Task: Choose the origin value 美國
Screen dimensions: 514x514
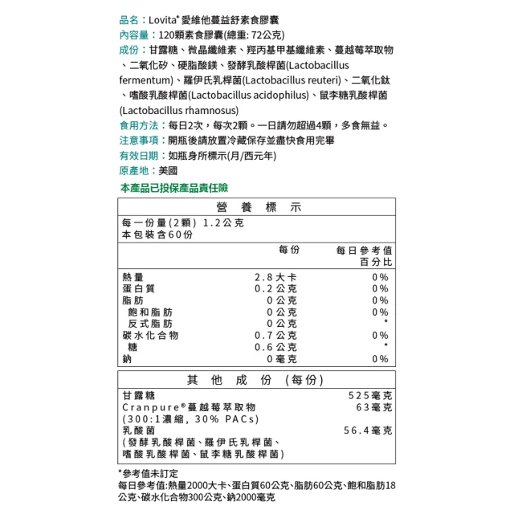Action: point(167,171)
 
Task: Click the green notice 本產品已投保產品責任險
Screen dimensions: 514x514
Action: point(173,187)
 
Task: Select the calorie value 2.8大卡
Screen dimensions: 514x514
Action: point(275,277)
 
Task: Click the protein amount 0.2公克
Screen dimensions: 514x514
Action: point(275,288)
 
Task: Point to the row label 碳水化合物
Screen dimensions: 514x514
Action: point(150,335)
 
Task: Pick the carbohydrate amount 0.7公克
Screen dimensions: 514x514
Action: point(275,335)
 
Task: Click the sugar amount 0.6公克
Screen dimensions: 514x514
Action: point(275,347)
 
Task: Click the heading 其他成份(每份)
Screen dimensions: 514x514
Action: point(255,380)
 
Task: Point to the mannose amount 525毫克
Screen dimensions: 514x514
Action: point(370,396)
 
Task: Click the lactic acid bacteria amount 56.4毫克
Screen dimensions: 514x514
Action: point(367,430)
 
